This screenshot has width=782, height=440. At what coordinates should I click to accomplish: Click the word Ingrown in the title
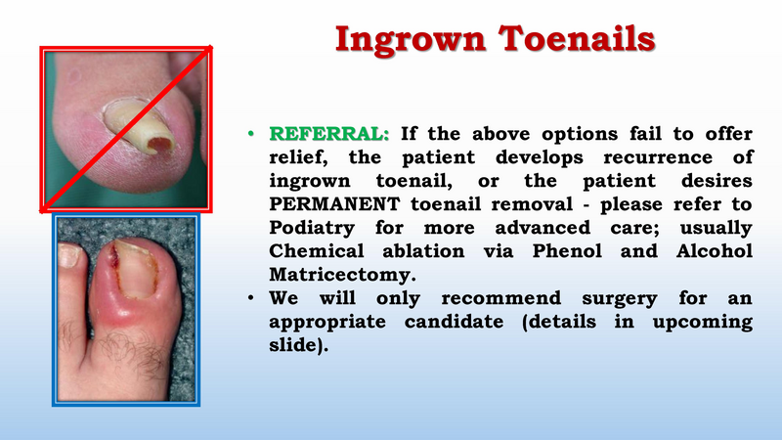click(x=410, y=40)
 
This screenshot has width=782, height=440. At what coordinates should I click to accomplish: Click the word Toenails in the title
click(x=577, y=39)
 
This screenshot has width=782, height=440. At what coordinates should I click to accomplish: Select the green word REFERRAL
click(x=328, y=134)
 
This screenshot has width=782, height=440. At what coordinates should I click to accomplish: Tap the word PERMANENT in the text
click(x=334, y=204)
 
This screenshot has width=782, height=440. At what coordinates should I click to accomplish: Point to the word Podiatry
click(x=312, y=228)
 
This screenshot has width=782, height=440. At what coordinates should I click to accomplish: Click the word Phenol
click(x=567, y=250)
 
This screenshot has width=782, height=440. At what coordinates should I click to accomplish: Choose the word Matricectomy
click(x=342, y=275)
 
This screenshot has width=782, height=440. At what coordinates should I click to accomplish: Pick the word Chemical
click(x=317, y=250)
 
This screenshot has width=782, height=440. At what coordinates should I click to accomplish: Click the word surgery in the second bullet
click(x=620, y=299)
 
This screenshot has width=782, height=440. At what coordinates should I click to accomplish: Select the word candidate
click(x=454, y=322)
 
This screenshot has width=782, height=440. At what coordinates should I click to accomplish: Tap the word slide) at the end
click(x=299, y=345)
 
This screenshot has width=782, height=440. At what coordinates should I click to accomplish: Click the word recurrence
click(x=657, y=157)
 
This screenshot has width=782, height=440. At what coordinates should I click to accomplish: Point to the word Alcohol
click(x=715, y=250)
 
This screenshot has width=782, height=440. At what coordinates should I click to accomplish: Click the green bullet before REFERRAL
click(x=251, y=134)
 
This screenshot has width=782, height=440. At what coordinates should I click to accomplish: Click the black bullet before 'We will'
click(x=251, y=298)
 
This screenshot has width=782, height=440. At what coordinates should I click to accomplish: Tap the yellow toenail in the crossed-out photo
click(x=140, y=125)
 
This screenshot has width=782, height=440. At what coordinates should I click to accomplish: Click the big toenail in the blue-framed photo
click(x=135, y=270)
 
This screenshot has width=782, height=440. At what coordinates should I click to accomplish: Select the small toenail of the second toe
click(x=68, y=254)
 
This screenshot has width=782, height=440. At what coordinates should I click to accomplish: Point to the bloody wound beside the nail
click(x=113, y=258)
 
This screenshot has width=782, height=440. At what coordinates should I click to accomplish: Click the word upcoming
click(x=702, y=323)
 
